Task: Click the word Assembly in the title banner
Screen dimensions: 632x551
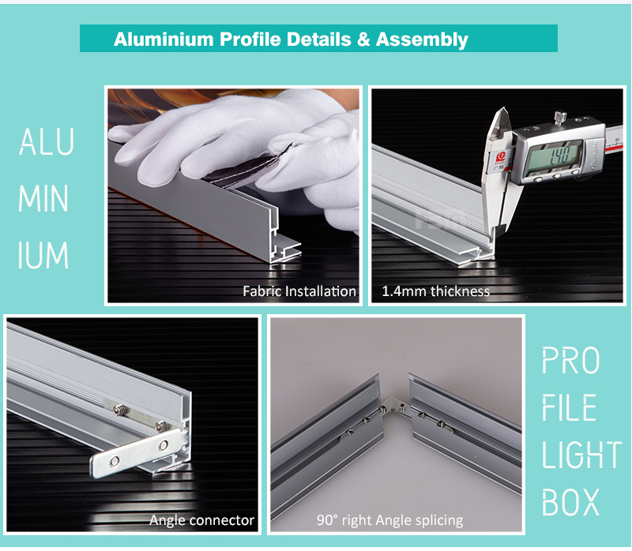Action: [x=422, y=39]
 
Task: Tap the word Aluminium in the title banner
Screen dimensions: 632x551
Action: [x=164, y=39]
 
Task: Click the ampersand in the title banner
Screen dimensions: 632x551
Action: [x=363, y=39]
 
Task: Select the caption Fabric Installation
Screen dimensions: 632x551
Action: [x=299, y=290]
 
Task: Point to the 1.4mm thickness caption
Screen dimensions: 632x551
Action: [x=436, y=290]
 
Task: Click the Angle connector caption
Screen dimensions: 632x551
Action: [x=201, y=520]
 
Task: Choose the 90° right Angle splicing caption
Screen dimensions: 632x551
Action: [x=389, y=520]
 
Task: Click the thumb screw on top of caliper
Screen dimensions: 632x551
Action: [x=559, y=117]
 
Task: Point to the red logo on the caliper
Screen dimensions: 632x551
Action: [x=501, y=156]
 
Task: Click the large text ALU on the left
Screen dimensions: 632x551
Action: [x=47, y=141]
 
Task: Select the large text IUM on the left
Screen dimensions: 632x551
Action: [x=43, y=255]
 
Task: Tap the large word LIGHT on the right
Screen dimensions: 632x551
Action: [x=581, y=455]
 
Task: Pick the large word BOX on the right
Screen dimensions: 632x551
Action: [x=570, y=501]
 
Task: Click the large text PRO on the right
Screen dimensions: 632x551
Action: [x=570, y=361]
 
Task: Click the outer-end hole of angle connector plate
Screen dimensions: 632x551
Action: [x=115, y=461]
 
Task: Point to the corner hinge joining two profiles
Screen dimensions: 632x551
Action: [x=394, y=408]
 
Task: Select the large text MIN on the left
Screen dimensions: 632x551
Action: [x=43, y=198]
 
